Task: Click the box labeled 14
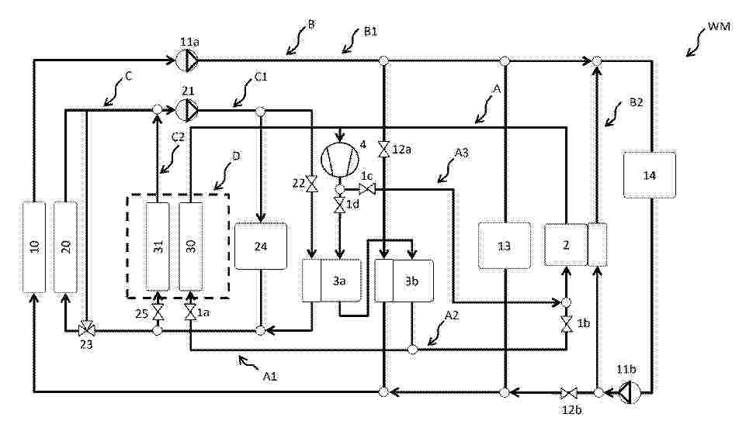click(649, 174)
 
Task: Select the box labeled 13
click(505, 246)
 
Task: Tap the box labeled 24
click(261, 246)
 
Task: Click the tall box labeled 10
click(34, 247)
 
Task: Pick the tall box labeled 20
click(65, 247)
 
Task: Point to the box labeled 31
click(158, 246)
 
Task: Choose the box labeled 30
click(191, 246)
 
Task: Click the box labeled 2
click(566, 244)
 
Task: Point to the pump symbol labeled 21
click(187, 109)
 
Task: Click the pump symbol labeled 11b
click(629, 393)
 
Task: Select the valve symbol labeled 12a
click(383, 149)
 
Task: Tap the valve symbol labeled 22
click(311, 184)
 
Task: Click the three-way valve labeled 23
click(87, 329)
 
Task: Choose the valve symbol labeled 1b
click(566, 324)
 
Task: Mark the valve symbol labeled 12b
click(568, 393)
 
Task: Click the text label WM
click(719, 26)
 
